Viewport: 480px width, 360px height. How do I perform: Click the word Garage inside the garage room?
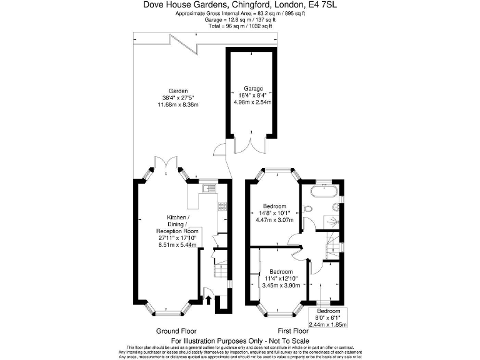click(x=253, y=89)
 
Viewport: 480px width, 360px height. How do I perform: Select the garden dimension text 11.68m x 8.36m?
click(x=177, y=104)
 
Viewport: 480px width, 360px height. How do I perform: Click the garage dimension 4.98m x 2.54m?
click(x=253, y=102)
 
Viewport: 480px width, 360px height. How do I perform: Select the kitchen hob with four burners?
click(x=221, y=206)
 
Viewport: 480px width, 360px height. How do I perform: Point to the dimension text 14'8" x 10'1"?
click(x=275, y=213)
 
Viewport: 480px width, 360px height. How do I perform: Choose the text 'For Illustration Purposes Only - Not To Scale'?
click(x=240, y=341)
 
